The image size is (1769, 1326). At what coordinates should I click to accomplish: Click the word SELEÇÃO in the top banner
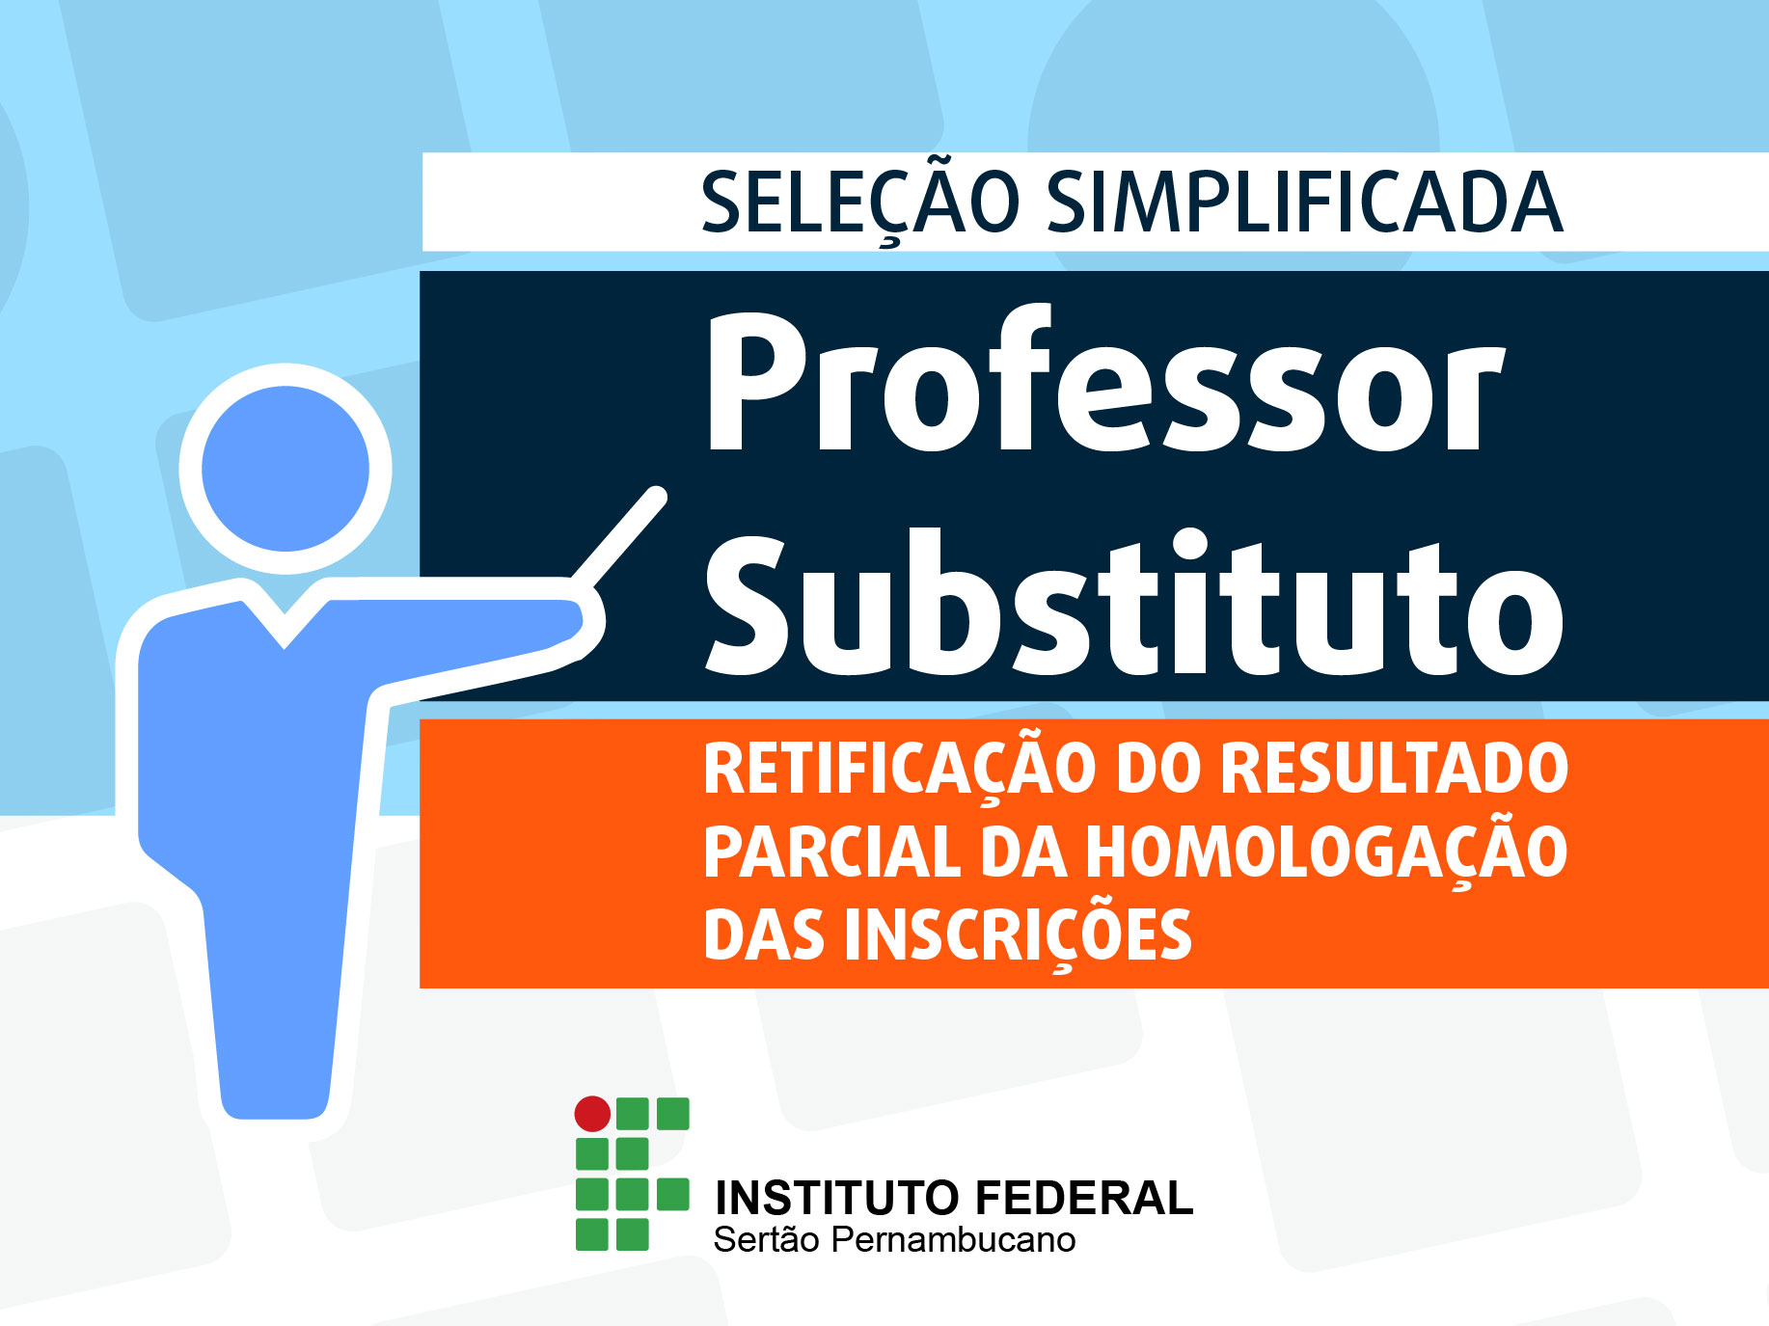[x=859, y=203]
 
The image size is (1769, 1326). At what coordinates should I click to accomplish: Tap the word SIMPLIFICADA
[x=1304, y=203]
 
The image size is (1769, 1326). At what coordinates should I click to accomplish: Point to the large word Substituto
[x=1134, y=602]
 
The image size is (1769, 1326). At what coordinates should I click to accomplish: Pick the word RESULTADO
[x=1395, y=769]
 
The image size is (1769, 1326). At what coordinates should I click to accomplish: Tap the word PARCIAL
[x=832, y=852]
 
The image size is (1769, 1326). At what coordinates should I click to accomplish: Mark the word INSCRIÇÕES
[x=1019, y=936]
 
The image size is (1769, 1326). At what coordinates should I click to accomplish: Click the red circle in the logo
[x=592, y=1114]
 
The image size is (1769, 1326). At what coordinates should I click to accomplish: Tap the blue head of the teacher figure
[x=286, y=469]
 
